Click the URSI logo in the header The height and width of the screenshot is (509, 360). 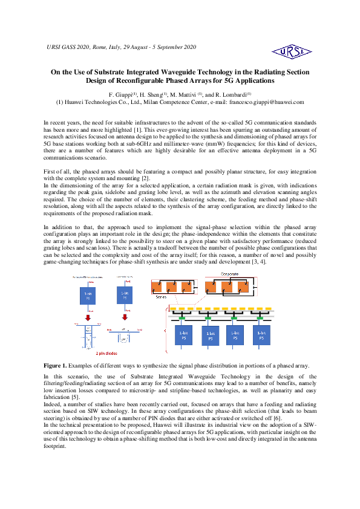pyautogui.click(x=292, y=51)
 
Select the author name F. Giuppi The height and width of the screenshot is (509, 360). pyautogui.click(x=120, y=96)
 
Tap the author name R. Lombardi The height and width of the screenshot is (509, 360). pyautogui.click(x=233, y=96)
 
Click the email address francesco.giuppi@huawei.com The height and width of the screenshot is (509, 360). pyautogui.click(x=268, y=103)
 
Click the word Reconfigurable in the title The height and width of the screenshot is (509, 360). pyautogui.click(x=136, y=80)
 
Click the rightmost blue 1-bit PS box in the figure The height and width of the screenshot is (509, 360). pyautogui.click(x=262, y=334)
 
